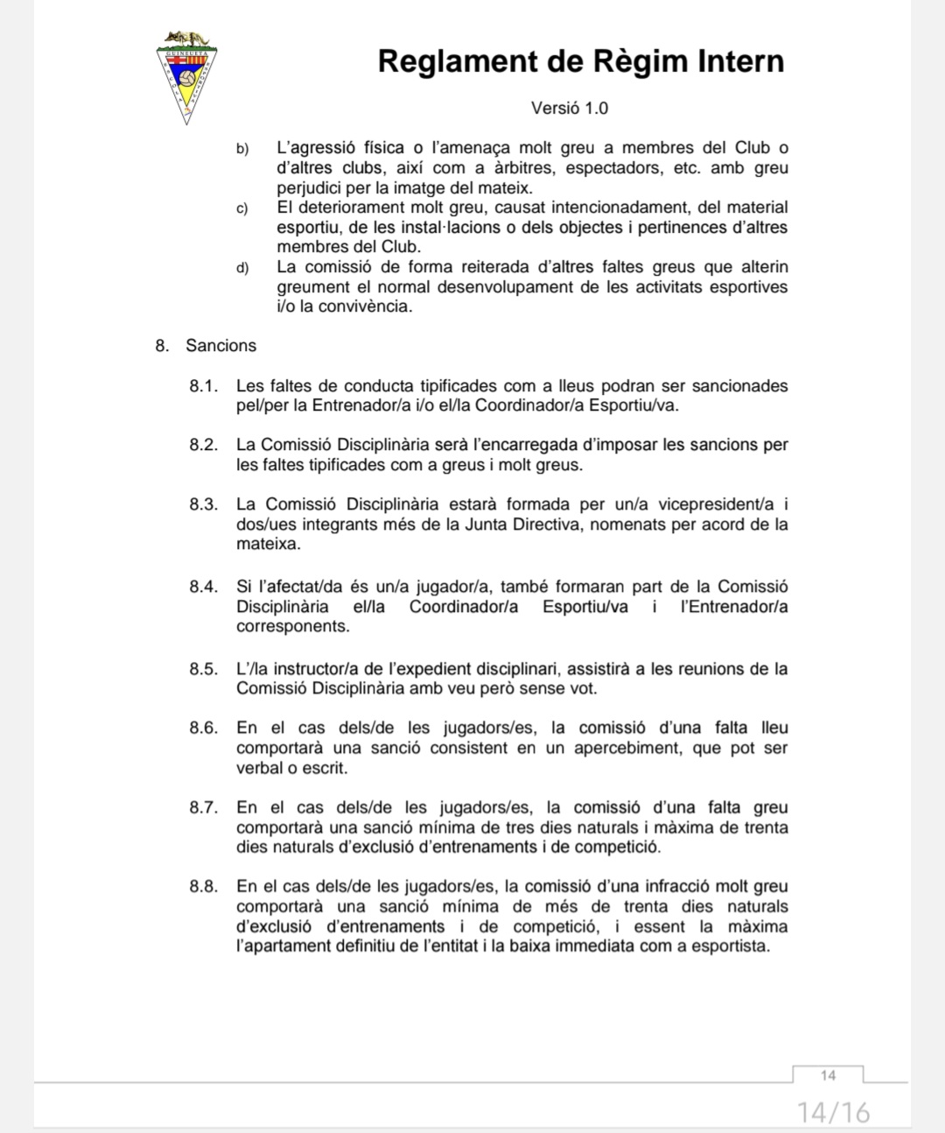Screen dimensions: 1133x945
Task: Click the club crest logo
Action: (185, 77)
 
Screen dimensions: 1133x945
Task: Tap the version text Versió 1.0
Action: (569, 109)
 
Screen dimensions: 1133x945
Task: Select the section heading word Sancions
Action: (220, 346)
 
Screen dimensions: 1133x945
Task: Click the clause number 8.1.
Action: (203, 387)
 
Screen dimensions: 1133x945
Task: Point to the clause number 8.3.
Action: (203, 505)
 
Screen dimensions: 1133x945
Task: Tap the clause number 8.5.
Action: (203, 670)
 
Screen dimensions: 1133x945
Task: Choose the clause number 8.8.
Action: (203, 887)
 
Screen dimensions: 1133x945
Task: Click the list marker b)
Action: (242, 149)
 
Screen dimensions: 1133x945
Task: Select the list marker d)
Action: (242, 268)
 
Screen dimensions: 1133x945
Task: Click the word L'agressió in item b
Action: (315, 148)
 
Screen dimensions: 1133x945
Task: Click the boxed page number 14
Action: (828, 1075)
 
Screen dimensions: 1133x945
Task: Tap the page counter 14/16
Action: (834, 1113)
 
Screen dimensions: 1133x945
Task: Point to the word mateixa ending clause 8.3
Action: (268, 545)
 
